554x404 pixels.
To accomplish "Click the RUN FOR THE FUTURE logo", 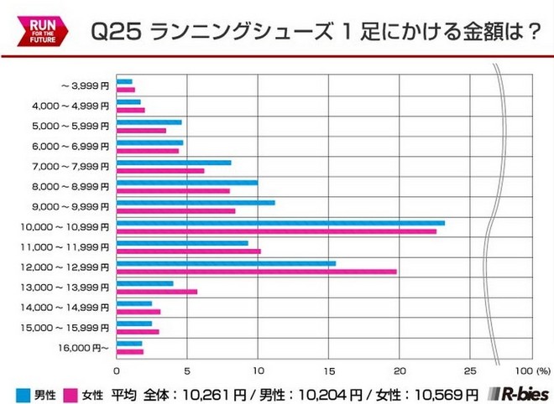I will click(x=33, y=29).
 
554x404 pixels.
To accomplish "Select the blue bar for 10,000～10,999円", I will click(x=280, y=222).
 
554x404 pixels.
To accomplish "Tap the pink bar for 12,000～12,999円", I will click(x=256, y=271).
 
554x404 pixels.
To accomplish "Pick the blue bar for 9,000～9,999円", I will click(x=196, y=202).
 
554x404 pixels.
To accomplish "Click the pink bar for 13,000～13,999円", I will click(x=157, y=292).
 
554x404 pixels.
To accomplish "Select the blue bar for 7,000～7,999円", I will click(x=174, y=162).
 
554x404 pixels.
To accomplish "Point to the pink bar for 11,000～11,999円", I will click(x=188, y=251).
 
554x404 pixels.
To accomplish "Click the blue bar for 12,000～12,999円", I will click(x=226, y=263).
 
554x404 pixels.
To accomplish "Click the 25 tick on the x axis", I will click(x=470, y=370).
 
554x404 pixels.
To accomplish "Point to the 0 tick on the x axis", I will click(x=117, y=370).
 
